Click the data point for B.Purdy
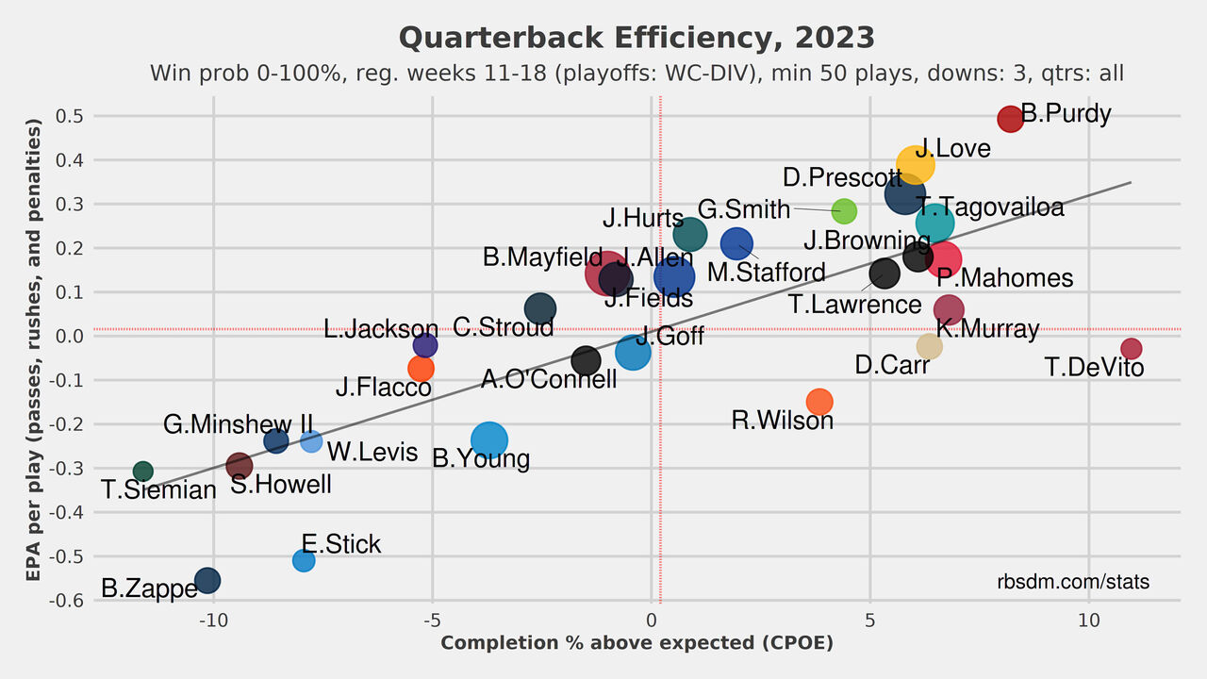click(x=1010, y=119)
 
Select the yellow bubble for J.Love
click(x=915, y=164)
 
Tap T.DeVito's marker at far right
click(x=1131, y=349)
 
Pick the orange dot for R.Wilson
click(x=819, y=402)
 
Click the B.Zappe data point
click(x=207, y=580)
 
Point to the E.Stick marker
click(x=304, y=560)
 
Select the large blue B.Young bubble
click(x=488, y=439)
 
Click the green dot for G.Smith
click(x=844, y=210)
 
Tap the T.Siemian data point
click(x=143, y=471)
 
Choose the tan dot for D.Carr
click(x=929, y=346)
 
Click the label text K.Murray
click(x=987, y=329)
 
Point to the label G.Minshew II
click(x=238, y=425)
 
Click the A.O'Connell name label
click(x=549, y=379)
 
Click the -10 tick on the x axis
click(x=213, y=621)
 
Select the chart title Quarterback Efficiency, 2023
click(x=637, y=38)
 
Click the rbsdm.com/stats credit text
click(x=1073, y=582)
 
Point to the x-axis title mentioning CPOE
click(x=637, y=643)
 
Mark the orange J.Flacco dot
click(x=421, y=368)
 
